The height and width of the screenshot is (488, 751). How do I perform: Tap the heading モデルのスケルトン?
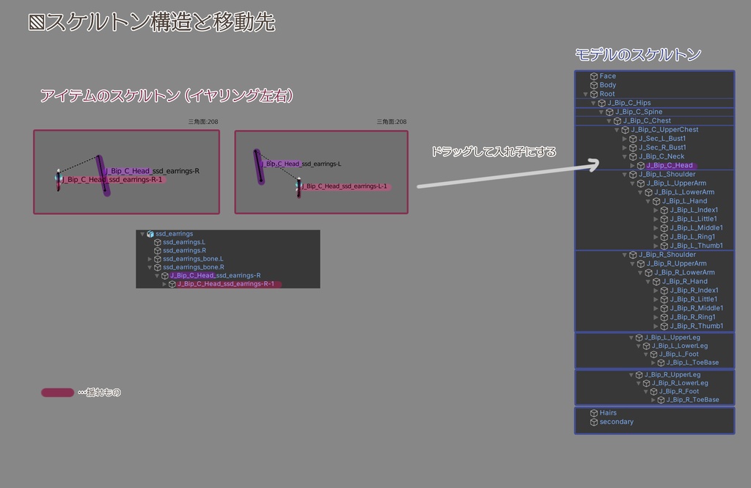[x=638, y=54]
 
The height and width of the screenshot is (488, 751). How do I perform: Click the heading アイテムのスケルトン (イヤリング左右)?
[x=166, y=95]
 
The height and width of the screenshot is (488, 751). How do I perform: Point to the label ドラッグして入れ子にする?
[x=493, y=152]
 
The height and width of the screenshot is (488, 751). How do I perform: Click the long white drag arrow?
[x=506, y=177]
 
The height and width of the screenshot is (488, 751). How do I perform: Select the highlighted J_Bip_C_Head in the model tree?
[x=669, y=165]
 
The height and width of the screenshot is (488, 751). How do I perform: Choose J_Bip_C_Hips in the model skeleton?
[x=629, y=103]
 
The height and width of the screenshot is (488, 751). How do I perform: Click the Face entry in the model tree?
[x=607, y=76]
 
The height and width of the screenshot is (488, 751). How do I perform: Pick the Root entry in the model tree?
[x=607, y=94]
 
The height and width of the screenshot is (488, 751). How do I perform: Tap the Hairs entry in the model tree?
[x=608, y=412]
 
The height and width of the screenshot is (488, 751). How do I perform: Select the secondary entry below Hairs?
[x=616, y=422]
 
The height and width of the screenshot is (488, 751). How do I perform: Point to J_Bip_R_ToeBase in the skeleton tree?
[x=692, y=400]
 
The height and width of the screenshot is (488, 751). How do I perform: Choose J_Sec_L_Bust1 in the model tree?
[x=662, y=139]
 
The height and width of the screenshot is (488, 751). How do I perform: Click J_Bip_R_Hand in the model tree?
[x=684, y=281]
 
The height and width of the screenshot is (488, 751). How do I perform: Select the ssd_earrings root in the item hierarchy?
[x=174, y=233]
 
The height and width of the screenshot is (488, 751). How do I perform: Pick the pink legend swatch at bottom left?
[x=57, y=393]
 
